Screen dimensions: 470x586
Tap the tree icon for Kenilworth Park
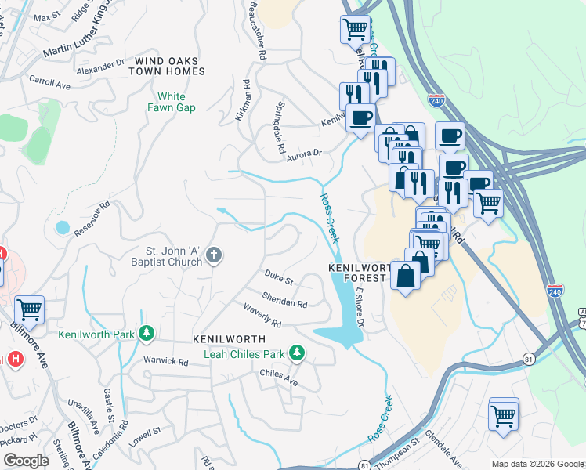(146, 334)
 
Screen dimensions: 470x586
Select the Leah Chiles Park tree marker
(296, 354)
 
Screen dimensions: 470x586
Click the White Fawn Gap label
(171, 102)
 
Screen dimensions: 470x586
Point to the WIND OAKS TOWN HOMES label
(169, 66)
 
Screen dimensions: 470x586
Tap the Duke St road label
(278, 278)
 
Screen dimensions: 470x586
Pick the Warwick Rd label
(165, 362)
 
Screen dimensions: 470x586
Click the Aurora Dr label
(305, 154)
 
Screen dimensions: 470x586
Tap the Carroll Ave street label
(50, 81)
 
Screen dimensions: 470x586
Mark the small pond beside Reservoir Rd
(62, 228)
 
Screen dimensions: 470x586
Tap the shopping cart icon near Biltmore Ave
(29, 309)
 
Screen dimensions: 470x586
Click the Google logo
(26, 461)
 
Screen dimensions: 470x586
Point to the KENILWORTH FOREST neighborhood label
(360, 272)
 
